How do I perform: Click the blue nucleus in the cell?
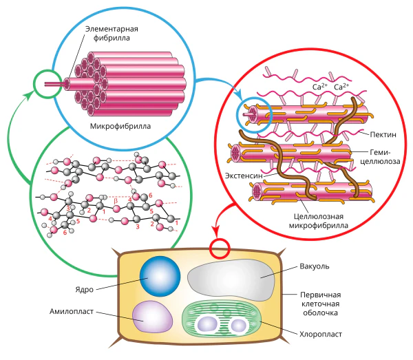coord(160,276)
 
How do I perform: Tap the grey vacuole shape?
coord(231,279)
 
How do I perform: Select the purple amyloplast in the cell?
coord(153,317)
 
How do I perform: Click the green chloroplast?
coord(222,319)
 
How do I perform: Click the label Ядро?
coord(84,289)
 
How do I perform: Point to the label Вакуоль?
coord(315,266)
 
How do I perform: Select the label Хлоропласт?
coord(321,335)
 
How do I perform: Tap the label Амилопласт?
coord(72,311)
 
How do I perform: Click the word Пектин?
coord(383,135)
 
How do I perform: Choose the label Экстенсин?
coord(244,176)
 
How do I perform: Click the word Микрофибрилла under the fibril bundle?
coord(120,126)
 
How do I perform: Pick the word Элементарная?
coord(112,29)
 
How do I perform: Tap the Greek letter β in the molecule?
coord(116,201)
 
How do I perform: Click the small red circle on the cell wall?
coord(220,248)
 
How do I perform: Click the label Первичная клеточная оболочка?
coord(320,304)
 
